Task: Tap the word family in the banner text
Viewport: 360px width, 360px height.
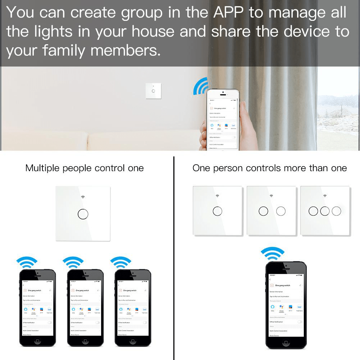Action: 64,50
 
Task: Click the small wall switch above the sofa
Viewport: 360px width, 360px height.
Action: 154,91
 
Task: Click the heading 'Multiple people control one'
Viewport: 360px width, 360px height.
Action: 85,168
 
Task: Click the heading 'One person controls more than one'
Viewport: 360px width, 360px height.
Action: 269,168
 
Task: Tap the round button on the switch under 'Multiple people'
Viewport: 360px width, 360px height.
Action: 83,214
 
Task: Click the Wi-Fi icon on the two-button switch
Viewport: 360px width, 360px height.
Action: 271,196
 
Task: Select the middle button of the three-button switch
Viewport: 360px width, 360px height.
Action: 325,211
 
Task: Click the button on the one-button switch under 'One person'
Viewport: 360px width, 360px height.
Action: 217,211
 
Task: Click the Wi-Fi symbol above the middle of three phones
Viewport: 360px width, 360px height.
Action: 73,262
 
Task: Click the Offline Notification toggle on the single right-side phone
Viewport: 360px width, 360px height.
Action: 300,322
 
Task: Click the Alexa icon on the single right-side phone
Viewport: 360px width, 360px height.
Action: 272,307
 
